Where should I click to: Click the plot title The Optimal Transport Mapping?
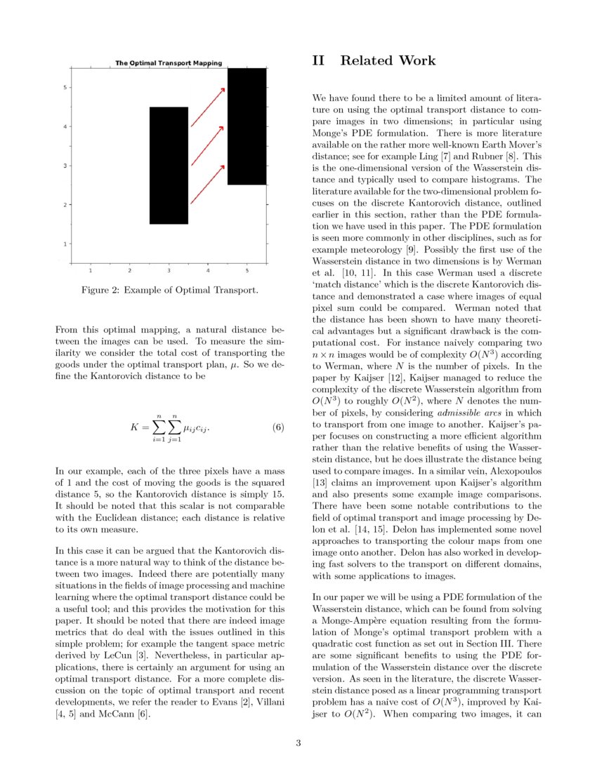pos(169,63)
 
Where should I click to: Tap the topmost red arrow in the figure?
pos(208,107)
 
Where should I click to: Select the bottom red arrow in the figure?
pos(208,184)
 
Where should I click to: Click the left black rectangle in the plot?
pos(169,166)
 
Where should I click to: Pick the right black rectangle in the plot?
pos(247,126)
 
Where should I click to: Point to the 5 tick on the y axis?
pos(65,88)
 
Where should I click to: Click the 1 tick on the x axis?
pos(91,270)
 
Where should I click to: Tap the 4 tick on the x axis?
pos(208,270)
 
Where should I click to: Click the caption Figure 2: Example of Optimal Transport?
pos(169,290)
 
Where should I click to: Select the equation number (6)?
pos(277,427)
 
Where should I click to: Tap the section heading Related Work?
pos(388,61)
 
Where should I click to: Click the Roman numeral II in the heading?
pos(318,61)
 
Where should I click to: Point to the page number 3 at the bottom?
pos(298,743)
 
